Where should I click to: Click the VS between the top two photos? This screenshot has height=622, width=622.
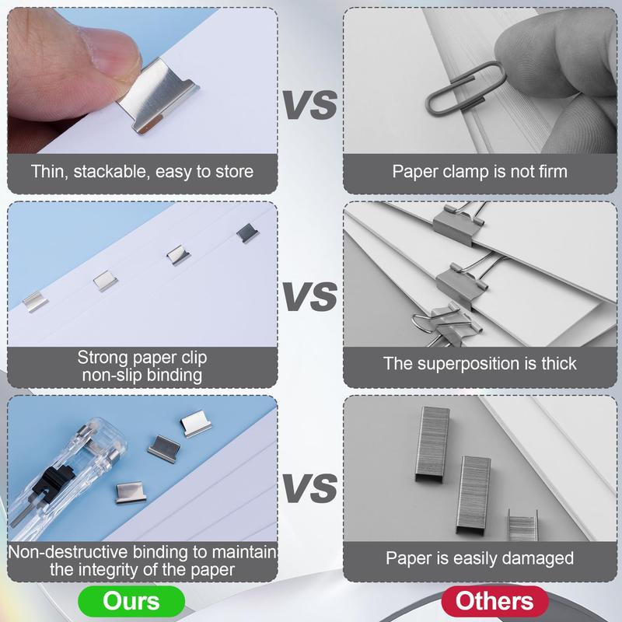coord(309,105)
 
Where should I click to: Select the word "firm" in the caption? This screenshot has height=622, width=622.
coord(549,170)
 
